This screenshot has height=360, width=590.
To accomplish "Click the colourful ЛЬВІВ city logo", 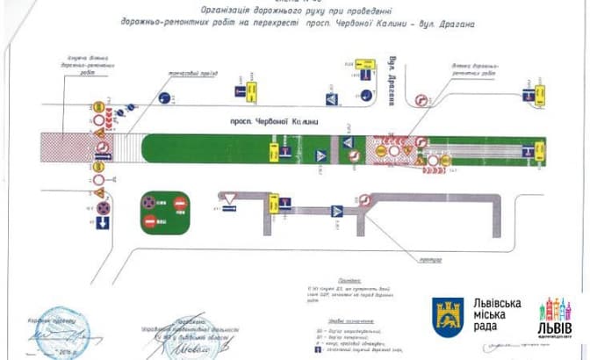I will [554, 318].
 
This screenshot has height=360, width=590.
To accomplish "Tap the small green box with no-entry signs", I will [165, 211].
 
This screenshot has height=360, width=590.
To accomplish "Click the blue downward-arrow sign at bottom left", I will [102, 224].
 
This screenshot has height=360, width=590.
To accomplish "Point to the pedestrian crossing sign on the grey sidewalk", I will [337, 212].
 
